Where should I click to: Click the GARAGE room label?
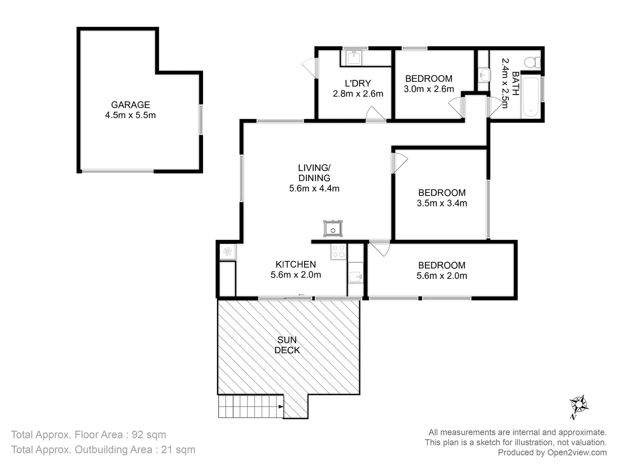[130, 105]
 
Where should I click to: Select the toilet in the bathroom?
[533, 62]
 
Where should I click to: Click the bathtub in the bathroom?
[530, 98]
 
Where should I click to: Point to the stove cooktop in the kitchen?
[339, 252]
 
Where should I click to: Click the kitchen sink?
[356, 277]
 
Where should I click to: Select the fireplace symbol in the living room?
[333, 229]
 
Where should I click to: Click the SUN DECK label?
[287, 345]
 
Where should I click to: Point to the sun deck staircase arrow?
[280, 406]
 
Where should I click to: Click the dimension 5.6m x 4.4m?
[314, 188]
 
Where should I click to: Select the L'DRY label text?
[358, 83]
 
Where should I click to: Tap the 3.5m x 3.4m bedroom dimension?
[442, 203]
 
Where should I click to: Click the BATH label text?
[515, 83]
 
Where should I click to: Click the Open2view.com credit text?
[577, 453]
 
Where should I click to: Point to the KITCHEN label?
[295, 264]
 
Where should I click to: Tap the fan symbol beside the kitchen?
[227, 252]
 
